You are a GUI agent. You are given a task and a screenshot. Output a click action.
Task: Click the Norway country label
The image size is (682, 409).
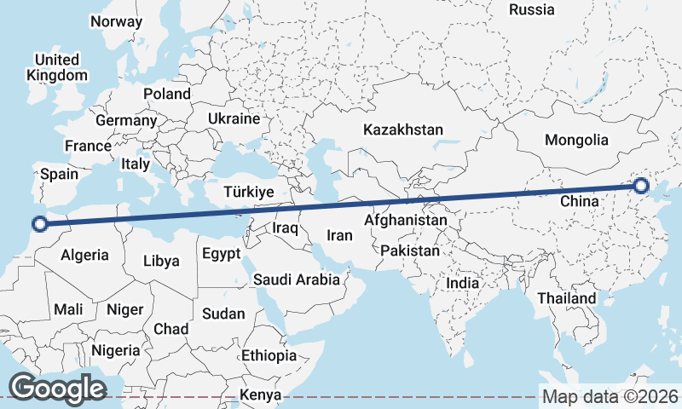115,21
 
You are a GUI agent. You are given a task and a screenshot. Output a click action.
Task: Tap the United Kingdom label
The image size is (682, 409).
57,67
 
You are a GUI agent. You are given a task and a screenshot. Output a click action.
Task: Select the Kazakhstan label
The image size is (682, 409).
403,130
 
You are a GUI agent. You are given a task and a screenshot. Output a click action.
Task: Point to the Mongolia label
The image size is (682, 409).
577,140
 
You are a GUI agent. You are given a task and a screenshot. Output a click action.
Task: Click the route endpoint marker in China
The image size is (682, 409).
641,186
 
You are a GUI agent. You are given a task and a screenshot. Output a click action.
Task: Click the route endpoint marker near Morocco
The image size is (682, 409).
38,224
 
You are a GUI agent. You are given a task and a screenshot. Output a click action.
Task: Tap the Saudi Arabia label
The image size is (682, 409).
296,279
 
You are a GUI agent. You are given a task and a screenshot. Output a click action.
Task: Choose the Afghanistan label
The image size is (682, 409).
405,220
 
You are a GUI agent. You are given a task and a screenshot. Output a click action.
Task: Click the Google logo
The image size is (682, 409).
57,389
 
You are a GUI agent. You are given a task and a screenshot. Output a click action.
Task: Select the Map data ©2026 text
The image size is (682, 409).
610,396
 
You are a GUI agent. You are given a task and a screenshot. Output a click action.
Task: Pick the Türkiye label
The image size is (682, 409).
248,192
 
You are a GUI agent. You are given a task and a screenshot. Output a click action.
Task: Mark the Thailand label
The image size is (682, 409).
566,299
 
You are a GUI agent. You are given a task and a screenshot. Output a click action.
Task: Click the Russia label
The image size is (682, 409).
531,9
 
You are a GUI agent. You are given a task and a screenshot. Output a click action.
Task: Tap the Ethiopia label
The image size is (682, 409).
269,355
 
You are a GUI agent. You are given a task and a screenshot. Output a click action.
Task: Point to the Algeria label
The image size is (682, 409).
85,255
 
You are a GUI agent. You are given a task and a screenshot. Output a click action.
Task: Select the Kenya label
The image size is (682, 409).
260,395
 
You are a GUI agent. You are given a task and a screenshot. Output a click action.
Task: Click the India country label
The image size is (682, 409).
463,283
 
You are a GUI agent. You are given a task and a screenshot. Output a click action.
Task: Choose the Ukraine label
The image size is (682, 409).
233,118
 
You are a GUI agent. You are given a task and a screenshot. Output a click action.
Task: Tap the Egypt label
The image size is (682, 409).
221,254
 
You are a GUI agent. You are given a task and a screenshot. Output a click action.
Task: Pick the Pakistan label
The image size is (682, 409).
410,251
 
